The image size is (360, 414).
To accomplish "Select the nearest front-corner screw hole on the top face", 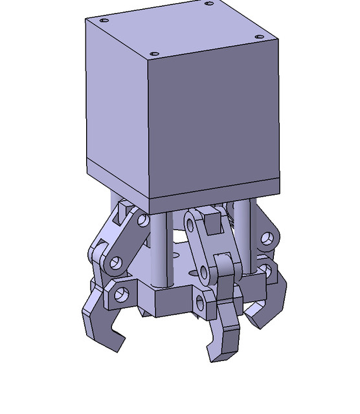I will click(153, 54).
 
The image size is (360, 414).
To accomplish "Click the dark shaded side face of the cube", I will click(214, 116).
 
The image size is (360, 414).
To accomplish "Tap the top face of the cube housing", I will click(181, 29).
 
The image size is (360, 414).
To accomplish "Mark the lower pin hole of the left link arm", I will click(116, 263).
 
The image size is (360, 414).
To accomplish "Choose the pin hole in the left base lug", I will click(120, 296).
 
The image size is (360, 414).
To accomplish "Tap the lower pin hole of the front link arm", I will click(207, 272).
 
